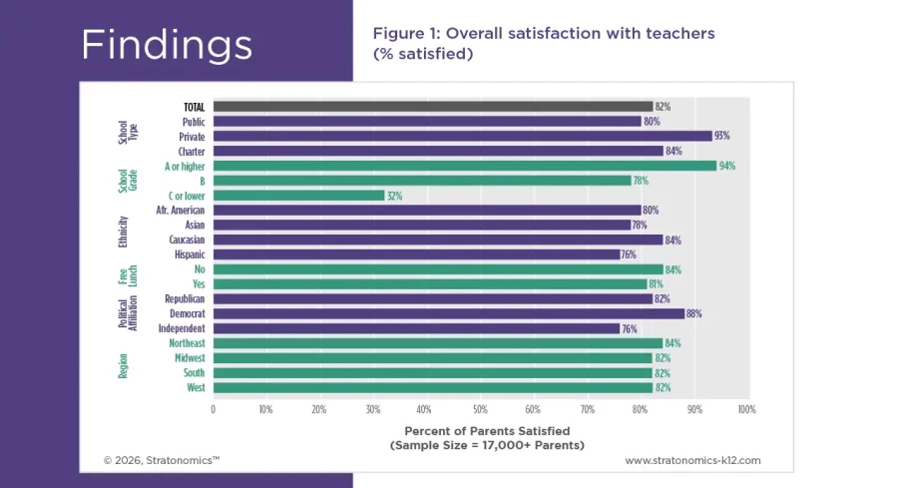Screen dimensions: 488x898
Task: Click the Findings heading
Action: pyautogui.click(x=166, y=45)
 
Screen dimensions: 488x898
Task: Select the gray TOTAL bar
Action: pyautogui.click(x=433, y=106)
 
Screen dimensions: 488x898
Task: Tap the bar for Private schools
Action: pyautogui.click(x=462, y=136)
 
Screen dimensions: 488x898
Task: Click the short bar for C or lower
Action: pyautogui.click(x=298, y=196)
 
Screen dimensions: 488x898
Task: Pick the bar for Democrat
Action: pyautogui.click(x=449, y=313)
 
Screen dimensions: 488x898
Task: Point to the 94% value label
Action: pyautogui.click(x=726, y=166)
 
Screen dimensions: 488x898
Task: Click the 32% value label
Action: pyautogui.click(x=394, y=196)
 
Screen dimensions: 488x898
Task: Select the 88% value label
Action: pyautogui.click(x=693, y=313)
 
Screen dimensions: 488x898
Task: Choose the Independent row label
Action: pyautogui.click(x=182, y=328)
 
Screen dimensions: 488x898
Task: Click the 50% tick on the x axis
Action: pyautogui.click(x=479, y=409)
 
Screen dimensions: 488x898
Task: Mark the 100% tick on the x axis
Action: pyautogui.click(x=745, y=409)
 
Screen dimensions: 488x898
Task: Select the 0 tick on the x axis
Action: pyautogui.click(x=213, y=409)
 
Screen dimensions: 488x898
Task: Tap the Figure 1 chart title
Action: pyautogui.click(x=543, y=43)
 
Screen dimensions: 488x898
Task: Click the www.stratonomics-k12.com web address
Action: pyautogui.click(x=692, y=460)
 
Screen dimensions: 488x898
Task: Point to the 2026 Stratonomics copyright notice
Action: pyautogui.click(x=161, y=460)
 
